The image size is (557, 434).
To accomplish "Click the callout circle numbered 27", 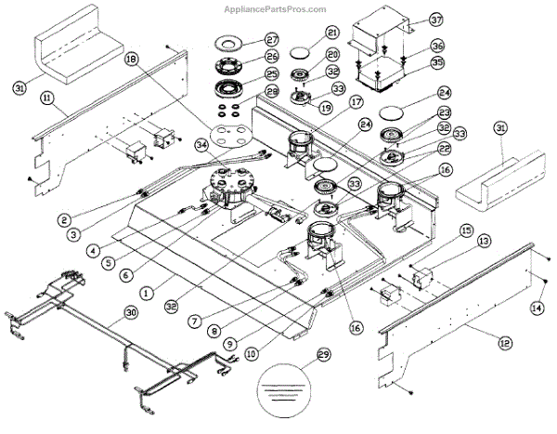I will coord(246,40).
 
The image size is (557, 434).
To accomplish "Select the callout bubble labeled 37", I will coord(436,20).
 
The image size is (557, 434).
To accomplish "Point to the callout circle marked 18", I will coord(131,59).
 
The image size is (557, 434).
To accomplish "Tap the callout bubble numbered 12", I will coord(504,344).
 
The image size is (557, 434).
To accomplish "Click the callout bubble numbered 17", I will coord(330,104).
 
